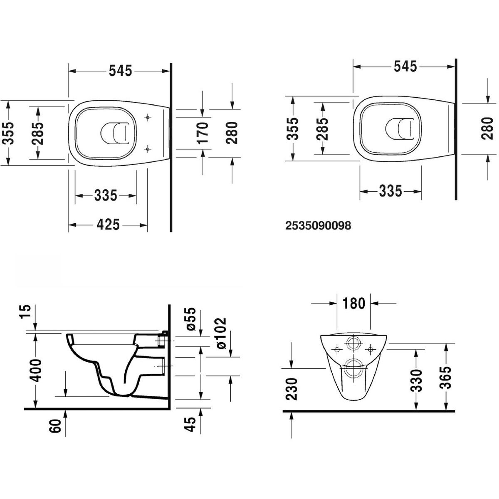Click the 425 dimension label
coord(108,225)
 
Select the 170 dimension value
coord(203,133)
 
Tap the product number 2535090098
coord(318,225)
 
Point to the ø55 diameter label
coord(191,319)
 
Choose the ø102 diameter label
coord(221,333)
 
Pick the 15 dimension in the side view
coord(26,311)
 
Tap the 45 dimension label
coord(191,424)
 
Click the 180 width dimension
coord(354,303)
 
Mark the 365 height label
coord(446,378)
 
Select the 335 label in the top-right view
coord(390,191)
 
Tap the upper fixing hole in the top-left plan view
coord(148,117)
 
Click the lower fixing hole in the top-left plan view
coord(148,149)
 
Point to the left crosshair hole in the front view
coord(337,350)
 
